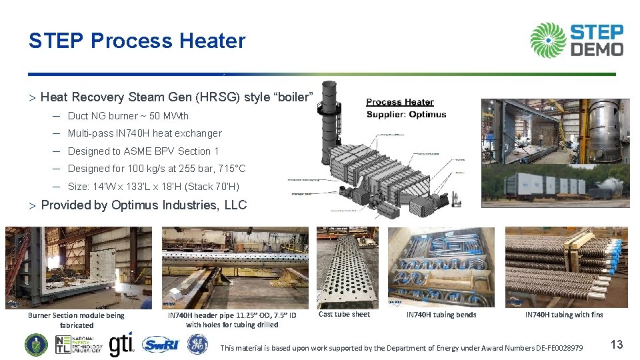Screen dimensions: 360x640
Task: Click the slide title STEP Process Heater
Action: [x=137, y=41]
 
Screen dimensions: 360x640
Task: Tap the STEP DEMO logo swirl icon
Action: [x=548, y=40]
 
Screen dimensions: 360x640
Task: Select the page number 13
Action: [x=617, y=345]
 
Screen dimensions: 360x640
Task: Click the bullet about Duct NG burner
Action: [x=128, y=116]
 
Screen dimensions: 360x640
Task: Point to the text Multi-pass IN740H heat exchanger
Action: [x=145, y=133]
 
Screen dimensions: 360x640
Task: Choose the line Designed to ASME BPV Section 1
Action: [x=143, y=151]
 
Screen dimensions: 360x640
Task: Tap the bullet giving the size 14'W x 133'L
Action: [x=153, y=187]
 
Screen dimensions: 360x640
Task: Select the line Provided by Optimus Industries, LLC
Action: [x=143, y=205]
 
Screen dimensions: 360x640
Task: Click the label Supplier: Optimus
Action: [x=407, y=115]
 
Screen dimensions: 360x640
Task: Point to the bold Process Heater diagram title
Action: [x=400, y=102]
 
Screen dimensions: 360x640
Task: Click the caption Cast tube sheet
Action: [x=344, y=314]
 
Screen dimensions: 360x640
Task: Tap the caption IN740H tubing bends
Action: [x=441, y=315]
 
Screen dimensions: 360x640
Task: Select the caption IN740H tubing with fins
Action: [x=563, y=315]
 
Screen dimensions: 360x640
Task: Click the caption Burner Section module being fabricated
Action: [x=76, y=320]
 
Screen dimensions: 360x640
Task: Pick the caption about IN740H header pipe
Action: [x=232, y=320]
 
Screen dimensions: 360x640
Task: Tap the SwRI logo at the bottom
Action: [x=160, y=345]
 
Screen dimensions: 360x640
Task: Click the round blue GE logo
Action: [x=197, y=344]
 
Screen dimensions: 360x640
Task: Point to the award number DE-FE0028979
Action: [x=551, y=348]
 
